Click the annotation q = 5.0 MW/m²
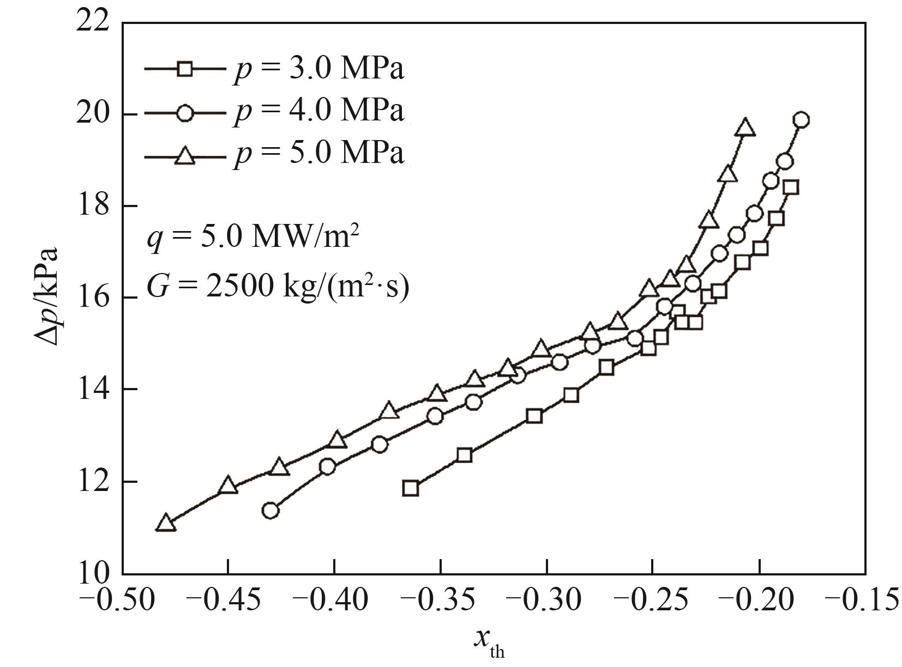tap(253, 238)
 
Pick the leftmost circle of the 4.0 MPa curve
tap(270, 511)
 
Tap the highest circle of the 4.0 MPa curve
tap(801, 120)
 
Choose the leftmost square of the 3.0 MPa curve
tap(410, 488)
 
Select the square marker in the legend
tap(185, 69)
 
